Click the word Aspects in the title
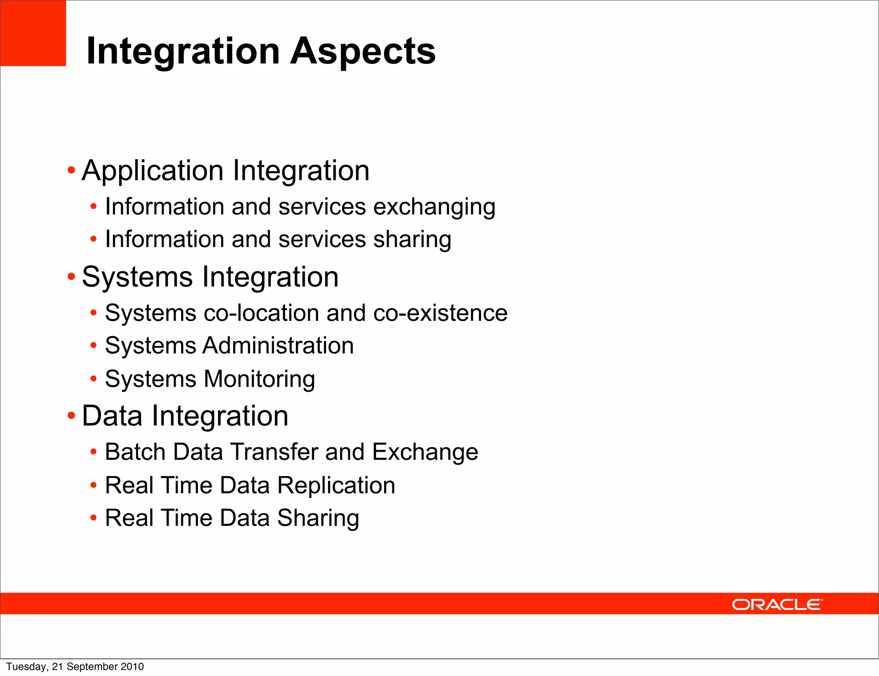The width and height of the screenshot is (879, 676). point(363,51)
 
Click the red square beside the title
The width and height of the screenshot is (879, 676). point(33,33)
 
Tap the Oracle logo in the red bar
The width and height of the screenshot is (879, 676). point(777,604)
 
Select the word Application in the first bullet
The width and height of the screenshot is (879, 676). point(153,171)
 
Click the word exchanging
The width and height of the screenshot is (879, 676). point(434,207)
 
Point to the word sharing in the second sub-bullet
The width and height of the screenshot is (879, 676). point(412,239)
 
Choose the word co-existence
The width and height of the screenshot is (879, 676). point(440,313)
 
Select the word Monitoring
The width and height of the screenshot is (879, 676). point(259,379)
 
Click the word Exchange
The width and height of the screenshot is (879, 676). point(425,452)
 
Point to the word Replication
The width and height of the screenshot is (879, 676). point(336,486)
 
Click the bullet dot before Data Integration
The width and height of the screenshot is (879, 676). point(71,416)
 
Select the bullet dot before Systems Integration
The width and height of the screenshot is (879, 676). point(71,277)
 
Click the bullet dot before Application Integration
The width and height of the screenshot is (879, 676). point(71,171)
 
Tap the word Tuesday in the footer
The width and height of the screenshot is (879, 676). point(26,667)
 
